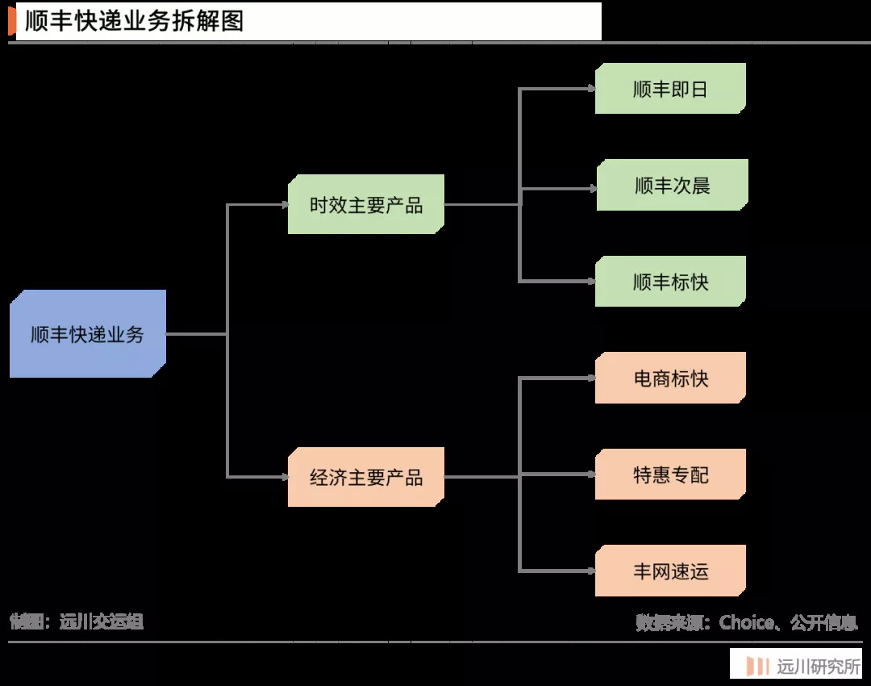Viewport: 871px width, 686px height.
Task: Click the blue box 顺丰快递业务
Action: coord(87,334)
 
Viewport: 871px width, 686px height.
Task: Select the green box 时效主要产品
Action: coord(365,205)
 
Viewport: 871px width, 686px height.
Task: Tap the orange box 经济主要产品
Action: coord(365,477)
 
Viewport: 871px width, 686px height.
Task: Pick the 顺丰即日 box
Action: coord(670,89)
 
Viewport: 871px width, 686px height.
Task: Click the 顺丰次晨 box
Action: coord(672,186)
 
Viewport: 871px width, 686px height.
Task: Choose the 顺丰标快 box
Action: coord(670,282)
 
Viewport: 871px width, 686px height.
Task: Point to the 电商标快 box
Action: coord(670,378)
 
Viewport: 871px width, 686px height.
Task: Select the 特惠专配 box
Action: coord(670,475)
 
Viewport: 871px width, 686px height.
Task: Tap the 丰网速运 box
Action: coord(670,571)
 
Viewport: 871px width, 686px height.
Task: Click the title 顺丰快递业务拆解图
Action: coord(134,22)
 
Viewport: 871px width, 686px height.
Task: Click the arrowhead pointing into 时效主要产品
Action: coord(284,205)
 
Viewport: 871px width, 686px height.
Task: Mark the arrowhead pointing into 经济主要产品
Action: coord(284,477)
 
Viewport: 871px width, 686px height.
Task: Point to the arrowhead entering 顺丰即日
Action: coord(591,89)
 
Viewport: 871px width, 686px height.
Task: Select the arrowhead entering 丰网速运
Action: coord(591,571)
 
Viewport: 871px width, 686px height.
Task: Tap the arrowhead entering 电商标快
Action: coord(591,378)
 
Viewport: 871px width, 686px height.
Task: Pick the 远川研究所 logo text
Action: coord(818,667)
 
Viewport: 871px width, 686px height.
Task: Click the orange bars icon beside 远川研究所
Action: coord(757,667)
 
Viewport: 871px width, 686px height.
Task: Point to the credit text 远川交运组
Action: coord(102,621)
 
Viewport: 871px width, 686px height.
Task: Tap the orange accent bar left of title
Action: coord(12,22)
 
